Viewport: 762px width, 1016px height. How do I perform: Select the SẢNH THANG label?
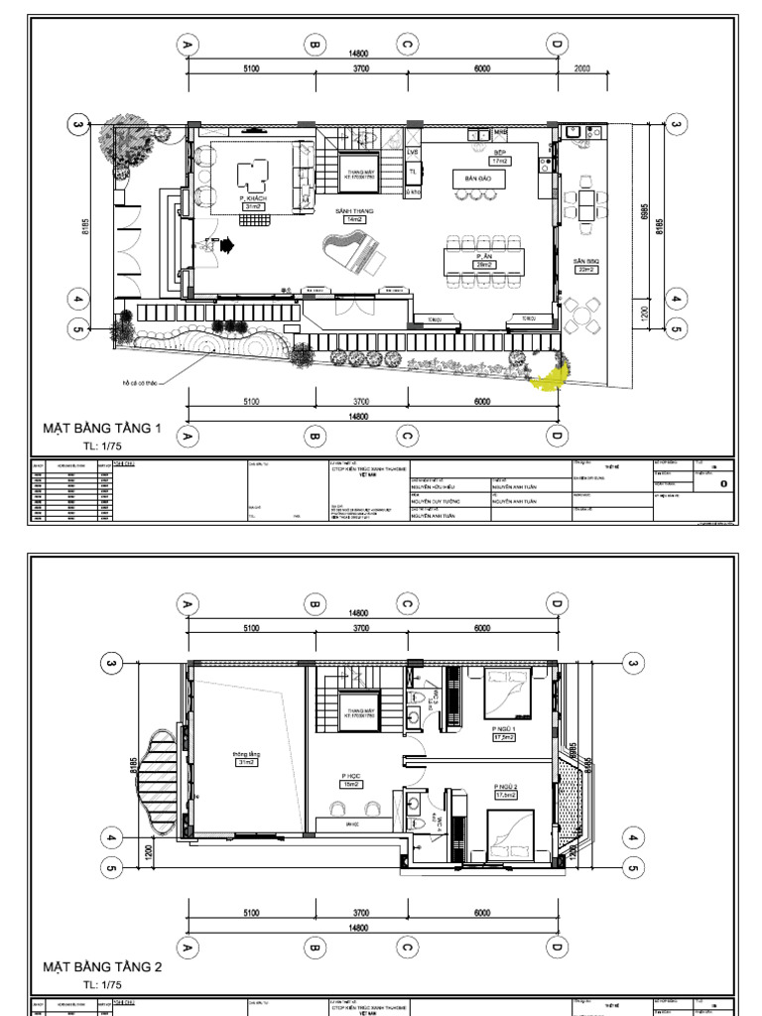coord(352,212)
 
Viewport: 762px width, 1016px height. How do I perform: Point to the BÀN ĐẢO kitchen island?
coord(479,180)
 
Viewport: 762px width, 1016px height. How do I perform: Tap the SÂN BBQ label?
coord(584,263)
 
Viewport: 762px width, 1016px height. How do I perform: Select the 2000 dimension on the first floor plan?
coord(581,68)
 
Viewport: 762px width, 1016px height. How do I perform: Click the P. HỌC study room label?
coord(350,780)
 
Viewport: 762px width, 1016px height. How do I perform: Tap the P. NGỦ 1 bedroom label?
coord(503,733)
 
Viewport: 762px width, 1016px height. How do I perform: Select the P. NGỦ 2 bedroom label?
coord(507,791)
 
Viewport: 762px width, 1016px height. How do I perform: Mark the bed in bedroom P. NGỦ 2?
coord(509,833)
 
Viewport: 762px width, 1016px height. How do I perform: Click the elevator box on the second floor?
coord(355,711)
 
